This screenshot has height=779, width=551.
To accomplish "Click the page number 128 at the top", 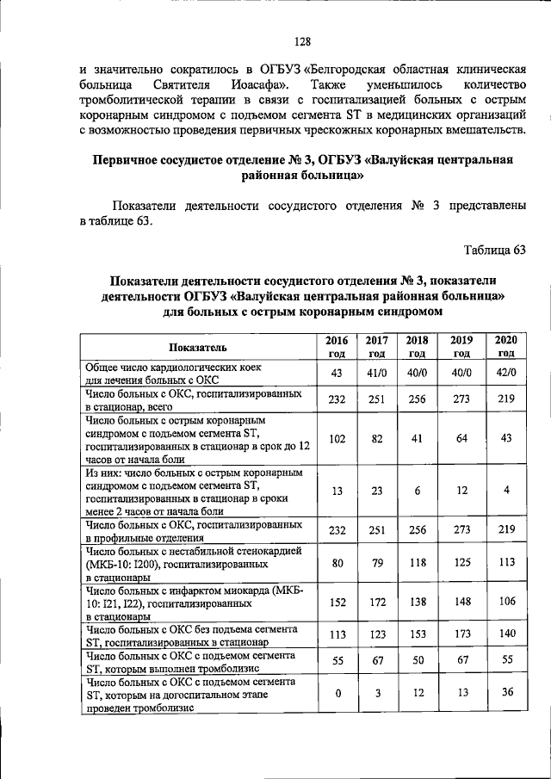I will click(301, 41).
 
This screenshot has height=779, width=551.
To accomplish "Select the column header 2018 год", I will click(417, 346).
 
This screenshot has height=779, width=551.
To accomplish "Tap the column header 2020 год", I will click(506, 346).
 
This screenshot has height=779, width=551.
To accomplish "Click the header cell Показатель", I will click(198, 347).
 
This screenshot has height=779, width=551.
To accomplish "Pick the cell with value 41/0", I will click(376, 373).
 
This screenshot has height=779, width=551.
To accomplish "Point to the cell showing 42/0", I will click(506, 373).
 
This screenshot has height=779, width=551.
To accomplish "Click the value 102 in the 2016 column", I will click(337, 438).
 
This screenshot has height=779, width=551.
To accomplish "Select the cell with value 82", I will click(376, 438).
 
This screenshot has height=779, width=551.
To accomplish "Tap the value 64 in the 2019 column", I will click(461, 438).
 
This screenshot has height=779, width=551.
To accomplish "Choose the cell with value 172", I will click(376, 602).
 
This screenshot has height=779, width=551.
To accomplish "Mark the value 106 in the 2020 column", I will click(506, 602).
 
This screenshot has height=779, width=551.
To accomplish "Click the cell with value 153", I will click(417, 636).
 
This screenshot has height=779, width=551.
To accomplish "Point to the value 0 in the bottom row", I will click(337, 694).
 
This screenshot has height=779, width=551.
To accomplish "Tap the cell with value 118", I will click(417, 564).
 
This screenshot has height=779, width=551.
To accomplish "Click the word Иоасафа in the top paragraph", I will click(265, 86).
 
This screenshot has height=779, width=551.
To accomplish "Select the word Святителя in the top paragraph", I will click(182, 86).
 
